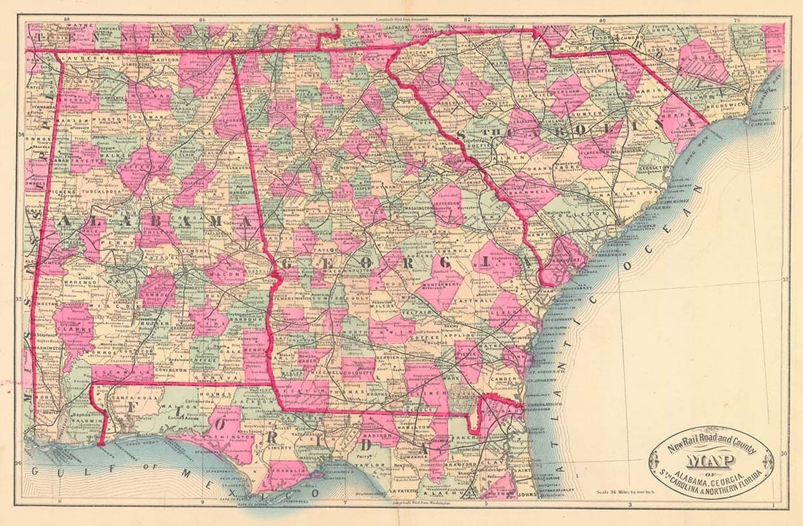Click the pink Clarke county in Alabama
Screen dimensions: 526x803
tap(74, 329)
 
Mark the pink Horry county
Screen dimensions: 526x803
tap(679, 120)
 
